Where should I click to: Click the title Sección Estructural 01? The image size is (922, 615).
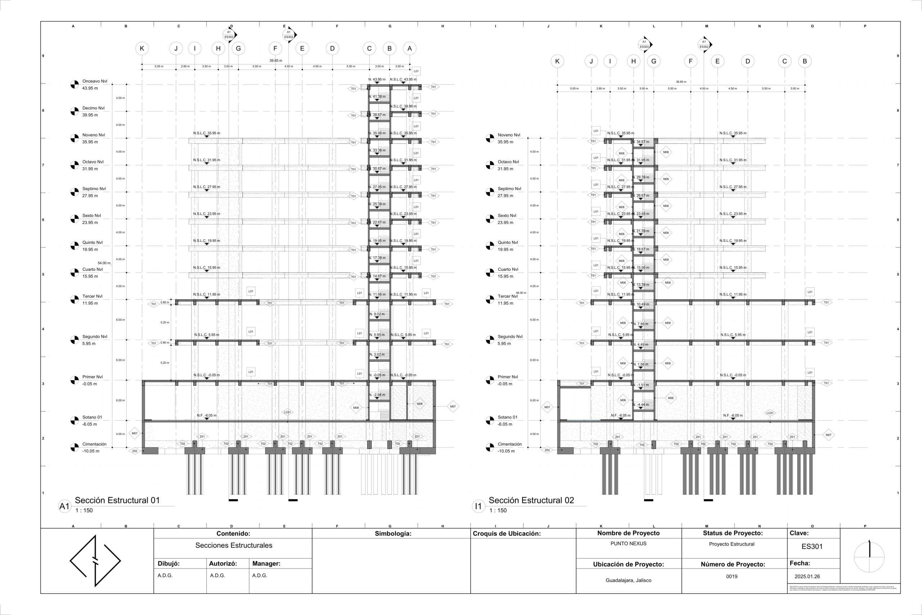tap(117, 500)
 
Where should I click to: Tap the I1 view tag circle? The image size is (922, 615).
tap(478, 506)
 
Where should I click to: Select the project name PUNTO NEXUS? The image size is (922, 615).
tap(628, 544)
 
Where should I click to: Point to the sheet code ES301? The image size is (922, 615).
tap(812, 546)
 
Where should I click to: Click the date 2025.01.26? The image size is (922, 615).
tap(807, 576)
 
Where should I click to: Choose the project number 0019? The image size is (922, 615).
tap(731, 576)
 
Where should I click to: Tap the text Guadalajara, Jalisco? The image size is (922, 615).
tap(628, 580)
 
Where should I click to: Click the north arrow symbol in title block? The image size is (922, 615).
tap(869, 557)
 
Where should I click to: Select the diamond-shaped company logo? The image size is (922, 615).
tap(95, 561)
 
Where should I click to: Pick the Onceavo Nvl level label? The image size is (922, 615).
tap(94, 81)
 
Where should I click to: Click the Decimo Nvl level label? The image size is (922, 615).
tap(93, 108)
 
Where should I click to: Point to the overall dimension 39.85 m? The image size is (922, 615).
tap(276, 61)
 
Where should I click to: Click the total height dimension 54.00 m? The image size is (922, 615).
tap(104, 263)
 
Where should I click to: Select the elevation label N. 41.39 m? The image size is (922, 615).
tap(377, 97)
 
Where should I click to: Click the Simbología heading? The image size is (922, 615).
tap(393, 534)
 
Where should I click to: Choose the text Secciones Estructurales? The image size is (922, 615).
tap(234, 545)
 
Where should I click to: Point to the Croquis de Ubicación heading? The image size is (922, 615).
tap(506, 534)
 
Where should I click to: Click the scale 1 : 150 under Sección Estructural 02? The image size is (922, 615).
tap(498, 511)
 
